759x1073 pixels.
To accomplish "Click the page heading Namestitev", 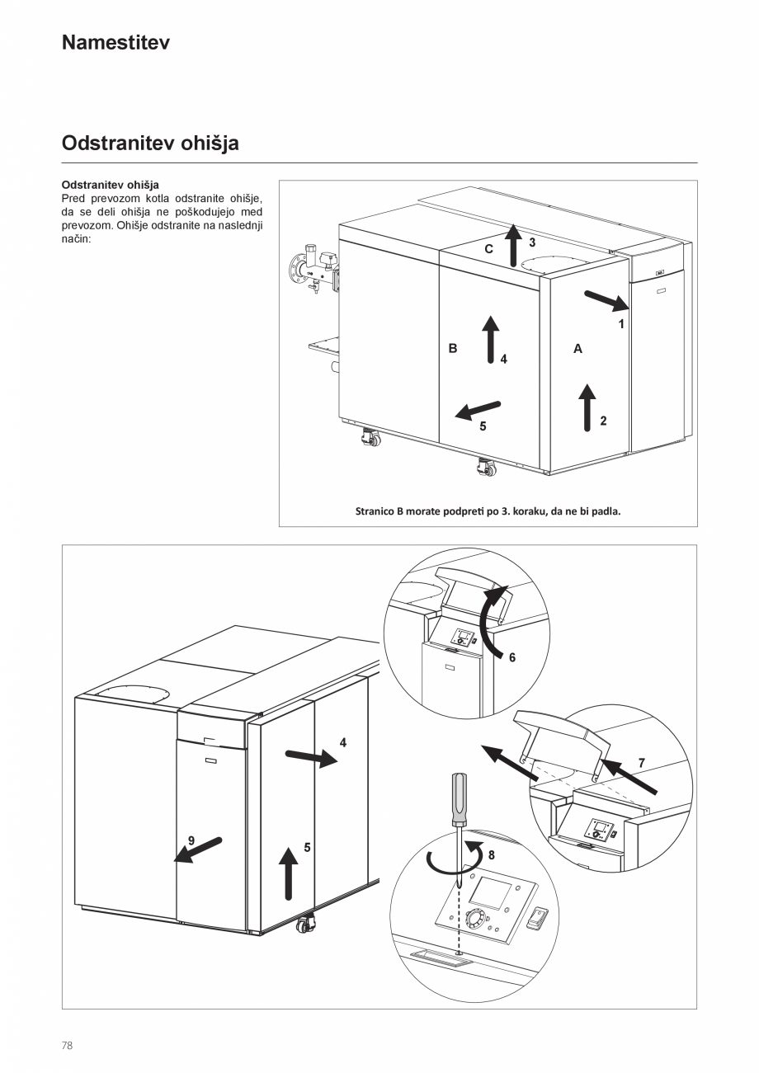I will pyautogui.click(x=115, y=43).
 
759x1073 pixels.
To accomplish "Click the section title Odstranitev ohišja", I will pyautogui.click(x=150, y=144).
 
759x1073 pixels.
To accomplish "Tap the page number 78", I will pyautogui.click(x=68, y=1045).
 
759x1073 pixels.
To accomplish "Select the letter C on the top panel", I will pyautogui.click(x=488, y=248).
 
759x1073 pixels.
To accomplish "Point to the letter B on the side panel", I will pyautogui.click(x=453, y=349).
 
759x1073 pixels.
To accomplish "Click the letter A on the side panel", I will pyautogui.click(x=577, y=349).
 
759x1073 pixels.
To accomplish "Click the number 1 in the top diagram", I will pyautogui.click(x=622, y=324).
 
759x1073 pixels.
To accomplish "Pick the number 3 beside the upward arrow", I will pyautogui.click(x=532, y=242).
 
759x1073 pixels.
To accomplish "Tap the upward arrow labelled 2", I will pyautogui.click(x=587, y=407).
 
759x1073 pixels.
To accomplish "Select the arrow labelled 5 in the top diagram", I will pyautogui.click(x=478, y=408).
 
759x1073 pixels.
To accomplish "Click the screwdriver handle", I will pyautogui.click(x=457, y=799).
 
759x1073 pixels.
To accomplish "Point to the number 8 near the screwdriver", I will pyautogui.click(x=491, y=855).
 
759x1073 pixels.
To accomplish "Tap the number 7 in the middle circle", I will pyautogui.click(x=641, y=763).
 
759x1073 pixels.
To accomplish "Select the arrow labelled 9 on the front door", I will pyautogui.click(x=198, y=849).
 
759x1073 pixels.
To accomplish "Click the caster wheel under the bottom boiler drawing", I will pyautogui.click(x=304, y=925).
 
